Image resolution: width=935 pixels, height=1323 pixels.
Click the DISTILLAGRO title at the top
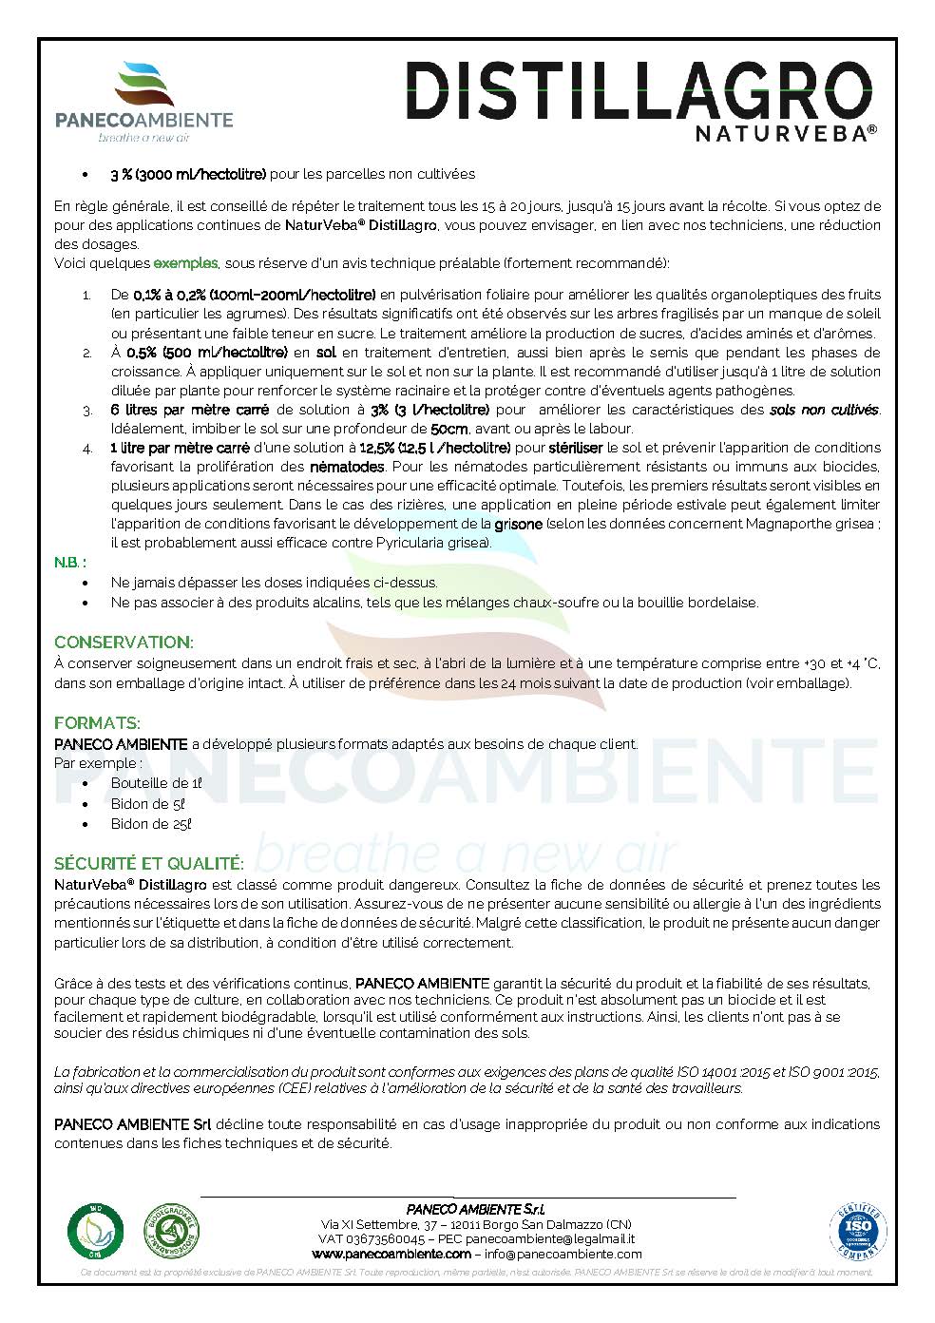pyautogui.click(x=639, y=91)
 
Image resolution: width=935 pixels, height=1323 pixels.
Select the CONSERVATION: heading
pyautogui.click(x=124, y=642)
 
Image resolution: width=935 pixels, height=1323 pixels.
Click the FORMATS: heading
pyautogui.click(x=97, y=723)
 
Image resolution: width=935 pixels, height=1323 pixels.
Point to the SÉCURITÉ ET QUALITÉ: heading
pyautogui.click(x=149, y=863)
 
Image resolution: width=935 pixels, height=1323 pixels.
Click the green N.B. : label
pyautogui.click(x=70, y=563)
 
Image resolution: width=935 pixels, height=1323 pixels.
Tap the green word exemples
pyautogui.click(x=185, y=263)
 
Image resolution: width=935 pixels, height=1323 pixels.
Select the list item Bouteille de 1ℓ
pyautogui.click(x=156, y=783)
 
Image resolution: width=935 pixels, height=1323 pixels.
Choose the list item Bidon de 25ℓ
pyautogui.click(x=151, y=824)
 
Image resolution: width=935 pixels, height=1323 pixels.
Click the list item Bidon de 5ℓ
pyautogui.click(x=147, y=804)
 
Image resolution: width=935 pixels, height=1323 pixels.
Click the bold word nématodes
pyautogui.click(x=347, y=467)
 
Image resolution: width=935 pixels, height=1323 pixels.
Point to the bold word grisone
pyautogui.click(x=519, y=524)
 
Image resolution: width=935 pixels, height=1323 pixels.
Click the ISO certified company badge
pyautogui.click(x=859, y=1232)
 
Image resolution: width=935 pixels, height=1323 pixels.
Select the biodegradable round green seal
pyautogui.click(x=171, y=1232)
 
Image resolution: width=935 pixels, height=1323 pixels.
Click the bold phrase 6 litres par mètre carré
pyautogui.click(x=189, y=410)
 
